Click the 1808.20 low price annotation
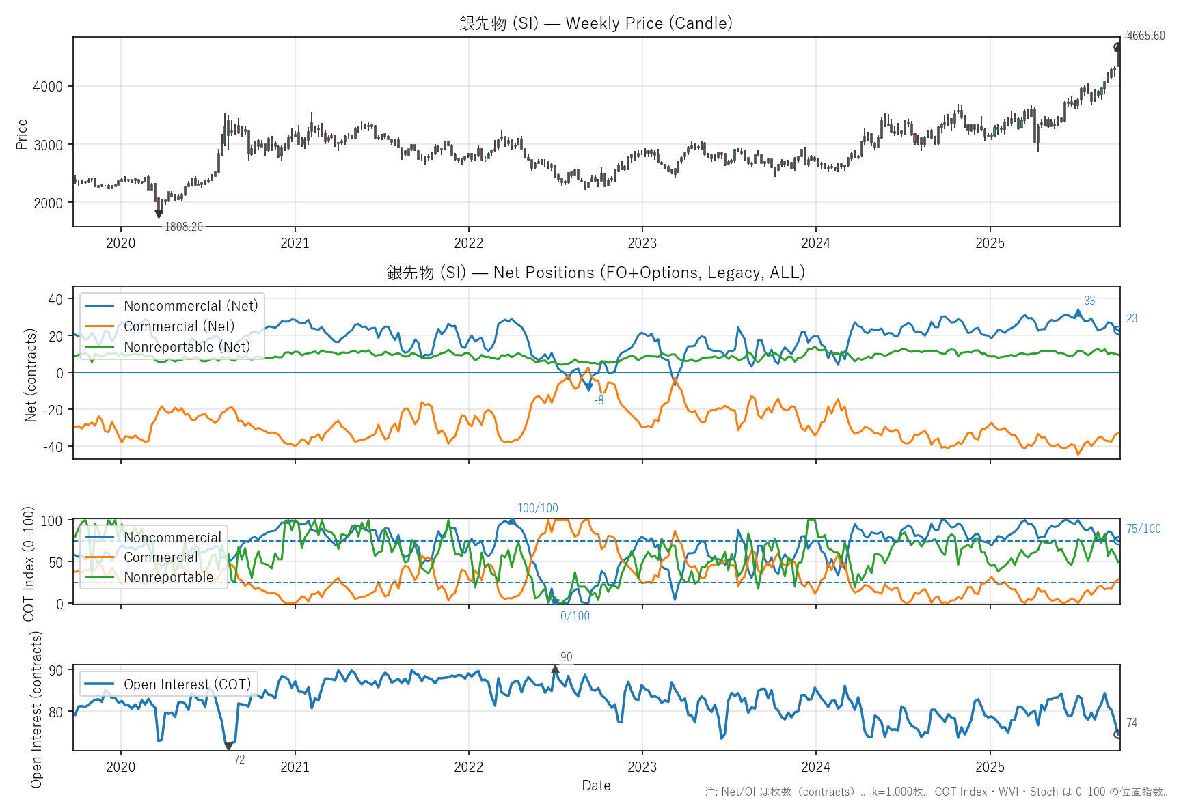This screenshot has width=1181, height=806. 184,227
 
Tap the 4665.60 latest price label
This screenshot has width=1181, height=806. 1145,36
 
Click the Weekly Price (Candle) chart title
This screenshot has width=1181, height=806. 595,23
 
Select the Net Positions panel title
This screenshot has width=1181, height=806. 595,273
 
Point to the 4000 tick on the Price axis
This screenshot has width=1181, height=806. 48,87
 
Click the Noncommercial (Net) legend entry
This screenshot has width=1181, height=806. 191,306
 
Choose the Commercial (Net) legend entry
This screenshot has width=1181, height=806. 178,326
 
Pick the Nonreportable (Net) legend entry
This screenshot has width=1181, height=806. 187,347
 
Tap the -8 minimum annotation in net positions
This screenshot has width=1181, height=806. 599,400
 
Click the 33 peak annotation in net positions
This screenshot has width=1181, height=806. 1089,301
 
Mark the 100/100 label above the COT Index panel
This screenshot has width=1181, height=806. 537,508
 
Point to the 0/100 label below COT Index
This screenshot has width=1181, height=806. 575,616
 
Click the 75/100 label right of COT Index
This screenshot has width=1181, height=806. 1143,529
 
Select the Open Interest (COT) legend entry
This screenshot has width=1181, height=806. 187,684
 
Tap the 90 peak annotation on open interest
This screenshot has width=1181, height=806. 566,657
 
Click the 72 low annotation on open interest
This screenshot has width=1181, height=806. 239,760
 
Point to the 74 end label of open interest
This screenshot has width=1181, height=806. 1132,723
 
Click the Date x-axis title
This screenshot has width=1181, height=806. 596,786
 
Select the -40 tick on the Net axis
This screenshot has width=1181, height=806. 53,447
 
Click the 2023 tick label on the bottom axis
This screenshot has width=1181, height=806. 642,766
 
